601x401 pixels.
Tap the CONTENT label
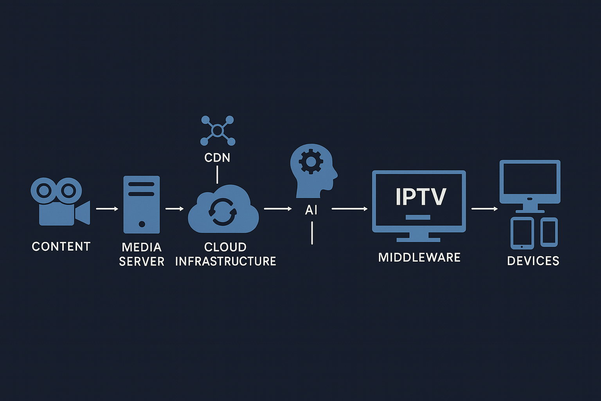61,246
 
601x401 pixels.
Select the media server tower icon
141,204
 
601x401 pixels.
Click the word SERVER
142,261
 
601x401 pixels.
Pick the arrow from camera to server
107,209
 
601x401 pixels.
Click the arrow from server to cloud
175,209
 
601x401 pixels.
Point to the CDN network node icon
217,130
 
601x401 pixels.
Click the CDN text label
217,157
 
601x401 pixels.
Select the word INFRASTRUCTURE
225,261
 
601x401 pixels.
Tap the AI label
311,210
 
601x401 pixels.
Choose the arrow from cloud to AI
278,209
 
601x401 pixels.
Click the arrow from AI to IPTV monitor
349,209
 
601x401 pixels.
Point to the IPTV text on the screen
420,197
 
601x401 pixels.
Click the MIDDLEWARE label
419,257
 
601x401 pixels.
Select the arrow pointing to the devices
484,209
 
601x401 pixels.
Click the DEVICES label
533,261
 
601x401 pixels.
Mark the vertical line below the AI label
312,233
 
